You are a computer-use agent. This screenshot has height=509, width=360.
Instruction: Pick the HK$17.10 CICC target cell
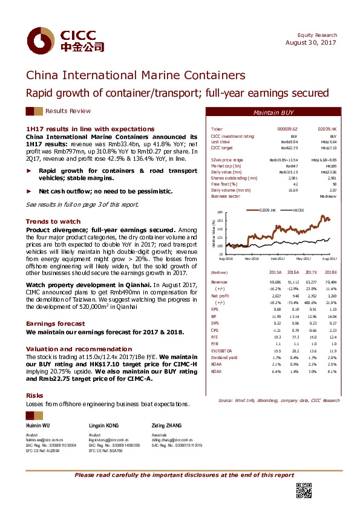click(327, 148)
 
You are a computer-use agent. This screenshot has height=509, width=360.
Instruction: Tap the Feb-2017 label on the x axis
click(278, 259)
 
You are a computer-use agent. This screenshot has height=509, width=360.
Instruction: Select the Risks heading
click(34, 395)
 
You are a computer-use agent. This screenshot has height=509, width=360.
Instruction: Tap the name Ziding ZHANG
click(167, 427)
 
